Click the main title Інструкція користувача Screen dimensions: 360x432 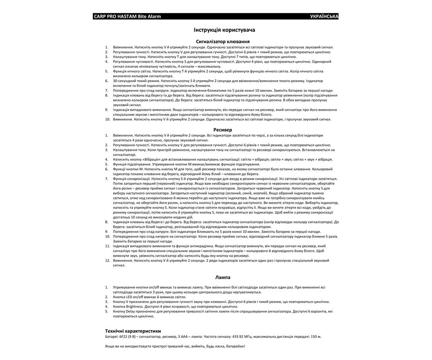221,30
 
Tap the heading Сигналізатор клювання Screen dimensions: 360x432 222,42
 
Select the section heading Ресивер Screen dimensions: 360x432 223,130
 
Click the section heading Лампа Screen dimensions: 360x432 223,277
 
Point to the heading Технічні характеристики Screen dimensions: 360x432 133,331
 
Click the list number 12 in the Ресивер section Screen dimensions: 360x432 108,260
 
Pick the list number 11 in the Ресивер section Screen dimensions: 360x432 108,246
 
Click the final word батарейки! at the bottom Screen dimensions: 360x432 234,346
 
